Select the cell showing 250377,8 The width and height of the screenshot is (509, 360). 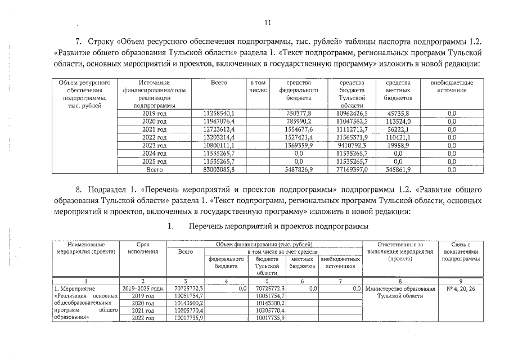[x=299, y=114]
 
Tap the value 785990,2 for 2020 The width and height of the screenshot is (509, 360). [x=299, y=121]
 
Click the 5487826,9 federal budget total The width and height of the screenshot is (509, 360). [x=299, y=169]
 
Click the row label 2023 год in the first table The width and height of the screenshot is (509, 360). [x=154, y=145]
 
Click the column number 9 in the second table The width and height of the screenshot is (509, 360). [x=461, y=281]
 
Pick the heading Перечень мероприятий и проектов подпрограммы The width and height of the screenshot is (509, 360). [x=278, y=226]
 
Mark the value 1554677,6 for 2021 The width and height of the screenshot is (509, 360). [x=299, y=129]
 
